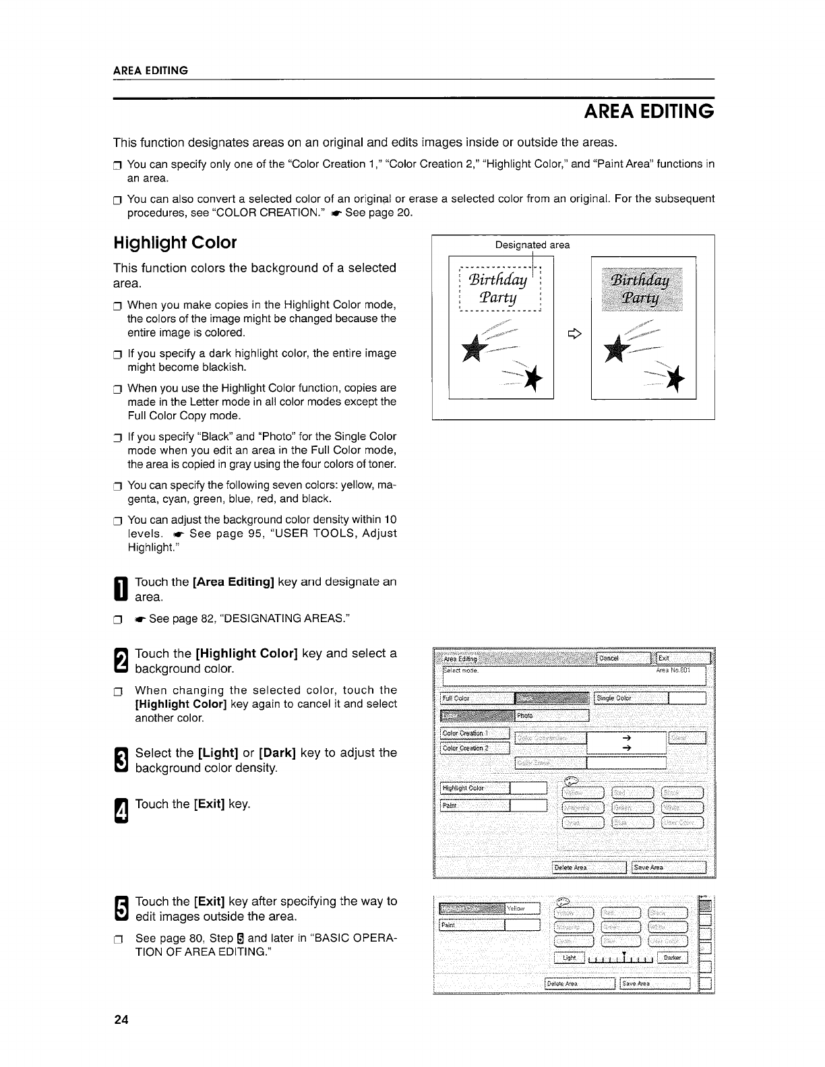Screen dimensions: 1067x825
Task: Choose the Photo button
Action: pyautogui.click(x=552, y=716)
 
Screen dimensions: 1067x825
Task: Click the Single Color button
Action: pyautogui.click(x=631, y=698)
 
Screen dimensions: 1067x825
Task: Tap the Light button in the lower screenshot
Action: pyautogui.click(x=570, y=958)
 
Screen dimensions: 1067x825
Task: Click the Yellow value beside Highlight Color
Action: pyautogui.click(x=522, y=908)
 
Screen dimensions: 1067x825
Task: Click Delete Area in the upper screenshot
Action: pyautogui.click(x=589, y=867)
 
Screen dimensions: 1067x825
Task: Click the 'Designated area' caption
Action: pyautogui.click(x=532, y=245)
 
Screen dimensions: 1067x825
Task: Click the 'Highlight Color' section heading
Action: pyautogui.click(x=175, y=243)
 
